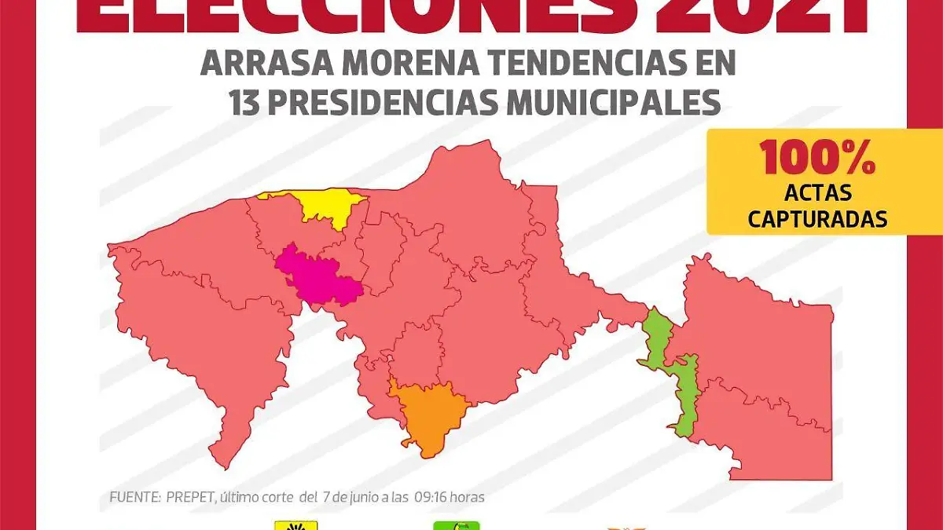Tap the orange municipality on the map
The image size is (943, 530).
428,413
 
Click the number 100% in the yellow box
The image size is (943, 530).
816,159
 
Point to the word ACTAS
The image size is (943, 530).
817,192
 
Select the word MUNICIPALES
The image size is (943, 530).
613,102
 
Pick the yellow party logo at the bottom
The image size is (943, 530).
295,525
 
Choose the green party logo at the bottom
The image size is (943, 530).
457,525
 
